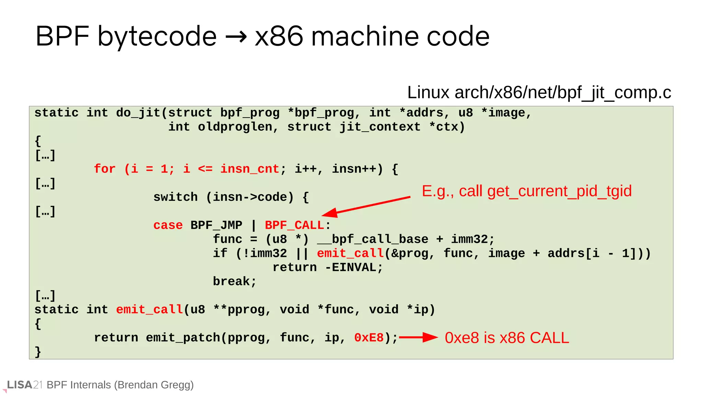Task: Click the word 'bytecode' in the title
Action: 157,36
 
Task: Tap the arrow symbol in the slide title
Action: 236,37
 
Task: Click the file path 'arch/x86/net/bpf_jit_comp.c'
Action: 563,92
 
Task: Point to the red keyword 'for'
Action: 105,169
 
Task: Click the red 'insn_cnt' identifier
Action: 250,169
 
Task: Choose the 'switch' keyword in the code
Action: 175,197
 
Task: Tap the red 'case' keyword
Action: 168,225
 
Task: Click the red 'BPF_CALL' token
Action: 294,225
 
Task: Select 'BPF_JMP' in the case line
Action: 216,225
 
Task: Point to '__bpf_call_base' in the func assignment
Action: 372,240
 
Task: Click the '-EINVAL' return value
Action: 353,268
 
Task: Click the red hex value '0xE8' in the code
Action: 369,338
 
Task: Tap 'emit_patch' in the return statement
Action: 183,338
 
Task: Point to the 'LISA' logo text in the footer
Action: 20,385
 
